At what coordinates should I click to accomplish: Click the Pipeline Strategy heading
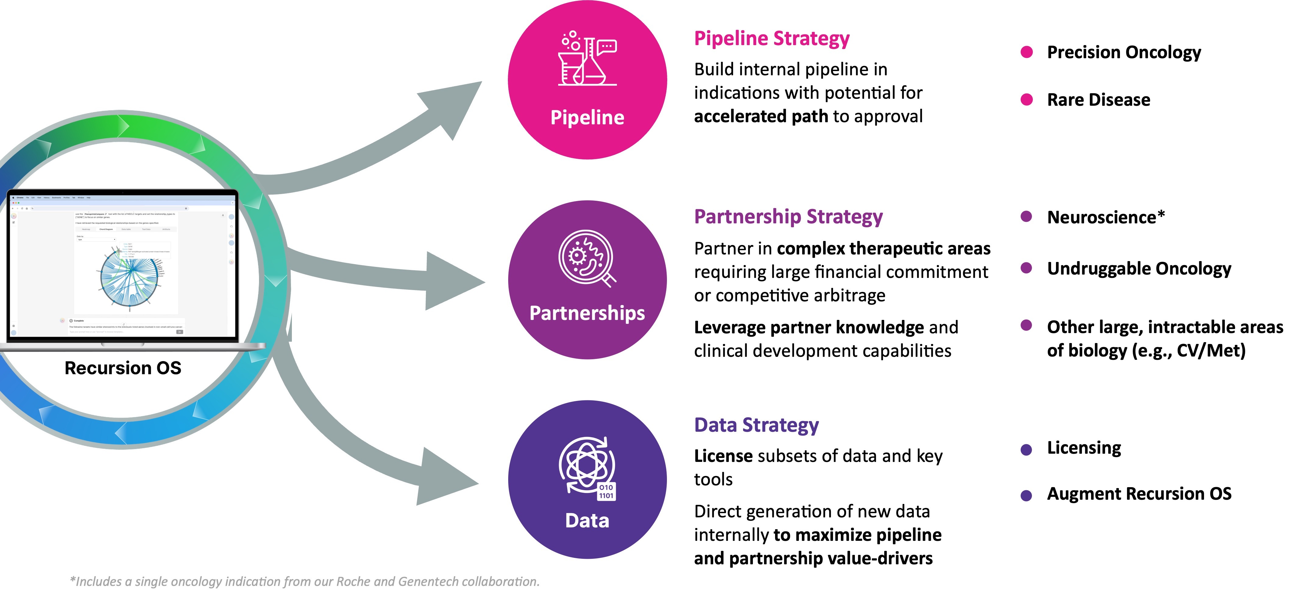click(771, 39)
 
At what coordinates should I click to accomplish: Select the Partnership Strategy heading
click(788, 217)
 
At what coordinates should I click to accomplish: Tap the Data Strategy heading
click(756, 425)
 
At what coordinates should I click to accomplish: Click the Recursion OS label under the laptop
click(123, 368)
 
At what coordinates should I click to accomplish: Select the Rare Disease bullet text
click(1098, 100)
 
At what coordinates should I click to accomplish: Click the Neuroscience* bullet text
click(1105, 217)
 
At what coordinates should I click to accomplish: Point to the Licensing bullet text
click(1084, 448)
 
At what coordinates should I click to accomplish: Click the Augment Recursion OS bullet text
click(1139, 494)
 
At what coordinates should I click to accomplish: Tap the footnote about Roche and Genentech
click(304, 581)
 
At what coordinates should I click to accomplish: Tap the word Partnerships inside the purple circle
click(587, 313)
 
